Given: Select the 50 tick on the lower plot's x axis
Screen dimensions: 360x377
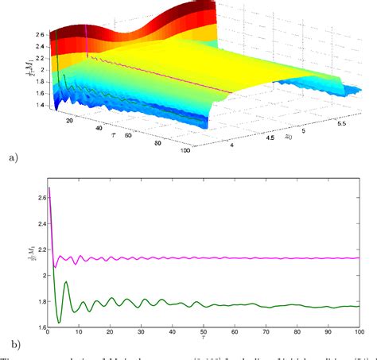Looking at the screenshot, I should click(x=204, y=333).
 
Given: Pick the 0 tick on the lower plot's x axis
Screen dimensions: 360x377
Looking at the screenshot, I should click(x=48, y=333).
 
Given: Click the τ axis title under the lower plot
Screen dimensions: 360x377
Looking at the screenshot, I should click(x=204, y=341).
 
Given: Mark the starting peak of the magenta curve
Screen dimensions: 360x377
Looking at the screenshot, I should click(x=49, y=188).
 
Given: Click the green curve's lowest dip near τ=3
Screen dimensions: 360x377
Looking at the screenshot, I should click(x=58, y=322).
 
